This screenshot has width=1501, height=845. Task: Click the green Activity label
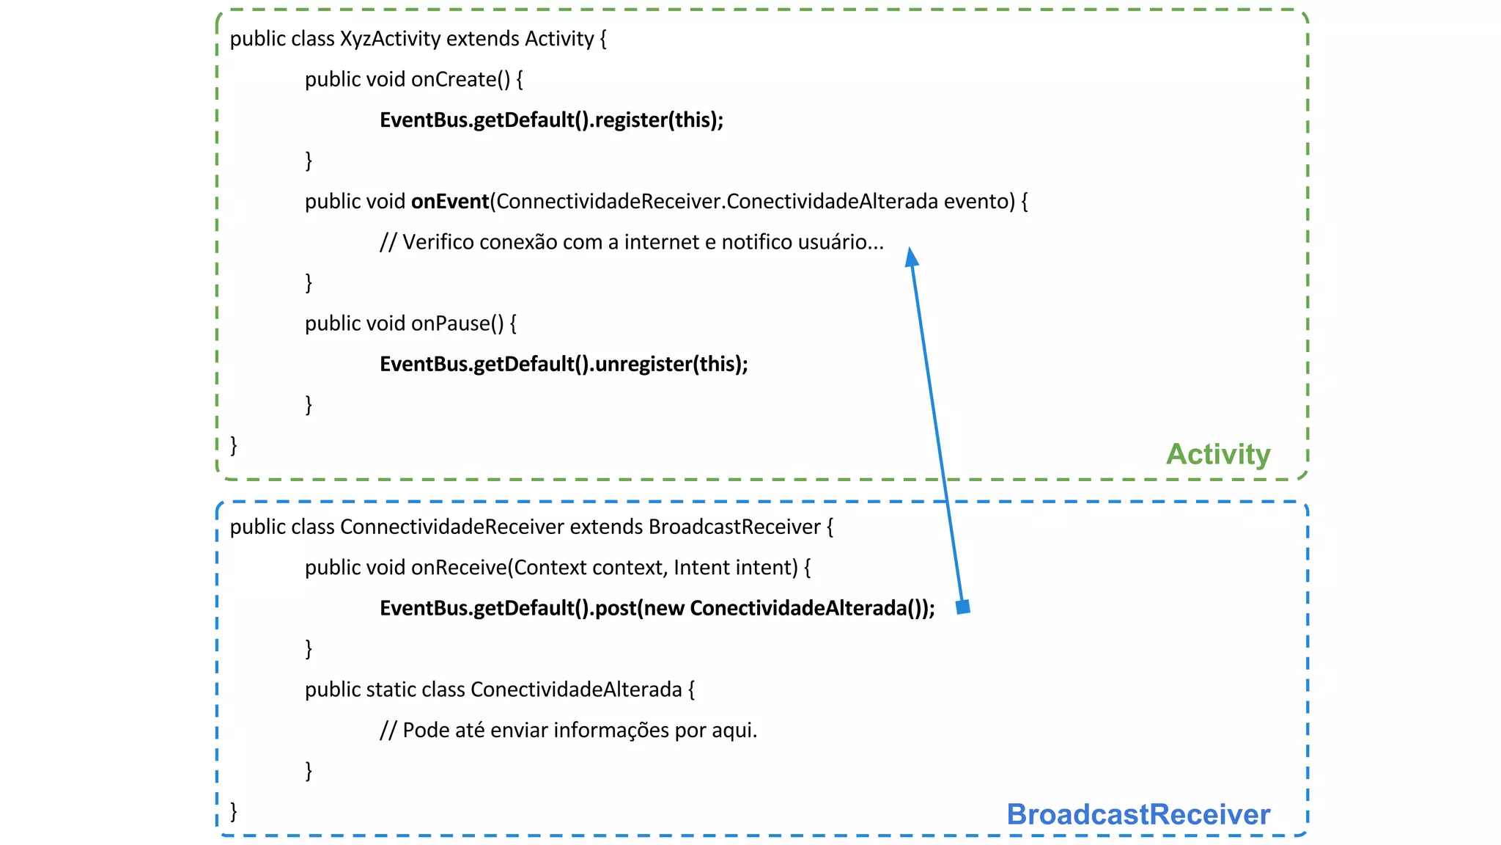coord(1217,454)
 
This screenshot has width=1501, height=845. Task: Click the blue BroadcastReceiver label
coord(1137,814)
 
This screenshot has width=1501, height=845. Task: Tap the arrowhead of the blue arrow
coord(911,257)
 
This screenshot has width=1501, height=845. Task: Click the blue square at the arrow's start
coord(963,607)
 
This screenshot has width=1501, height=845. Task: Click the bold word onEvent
coord(449,202)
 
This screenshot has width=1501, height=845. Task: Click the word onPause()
coord(457,323)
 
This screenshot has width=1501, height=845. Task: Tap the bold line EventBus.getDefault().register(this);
coord(551,120)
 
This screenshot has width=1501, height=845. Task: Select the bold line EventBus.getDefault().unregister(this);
coord(564,365)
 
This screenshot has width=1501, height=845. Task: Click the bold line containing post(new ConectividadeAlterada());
coord(657,609)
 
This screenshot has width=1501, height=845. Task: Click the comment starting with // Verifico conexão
coord(631,242)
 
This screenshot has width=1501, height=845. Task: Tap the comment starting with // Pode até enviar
coord(568,731)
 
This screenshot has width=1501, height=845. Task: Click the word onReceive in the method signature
coord(459,568)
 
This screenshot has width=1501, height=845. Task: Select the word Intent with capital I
coord(696,568)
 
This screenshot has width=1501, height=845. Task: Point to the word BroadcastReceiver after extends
coord(734,527)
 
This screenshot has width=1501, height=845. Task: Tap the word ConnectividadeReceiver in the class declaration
coord(451,527)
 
